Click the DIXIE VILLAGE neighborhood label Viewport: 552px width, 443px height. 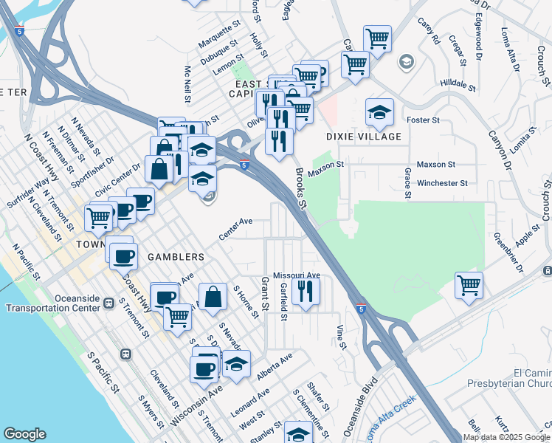click(x=364, y=137)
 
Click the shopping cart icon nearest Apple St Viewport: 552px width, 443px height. click(x=469, y=284)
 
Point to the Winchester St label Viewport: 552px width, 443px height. click(x=442, y=183)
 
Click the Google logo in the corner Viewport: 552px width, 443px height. click(x=24, y=434)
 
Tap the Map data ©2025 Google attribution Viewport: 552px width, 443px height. click(x=506, y=437)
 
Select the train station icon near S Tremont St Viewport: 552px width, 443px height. click(x=126, y=354)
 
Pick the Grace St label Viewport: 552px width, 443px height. click(x=407, y=183)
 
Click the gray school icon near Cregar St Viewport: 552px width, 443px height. click(x=405, y=61)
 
